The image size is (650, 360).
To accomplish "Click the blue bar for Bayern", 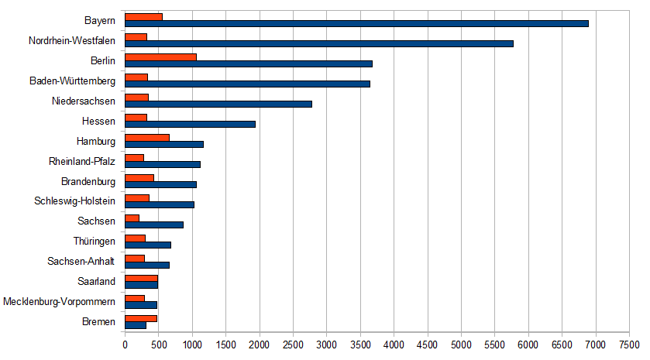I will click(356, 23).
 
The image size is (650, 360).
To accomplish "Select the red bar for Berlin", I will click(160, 57).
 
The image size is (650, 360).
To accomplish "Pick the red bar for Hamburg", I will click(147, 137).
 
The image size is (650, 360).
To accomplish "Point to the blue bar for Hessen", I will click(190, 124).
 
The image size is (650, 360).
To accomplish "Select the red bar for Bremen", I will click(141, 317).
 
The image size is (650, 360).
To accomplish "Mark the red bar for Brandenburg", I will click(139, 177).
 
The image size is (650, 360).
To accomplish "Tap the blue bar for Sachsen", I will click(154, 225).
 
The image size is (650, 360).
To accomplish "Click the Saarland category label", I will click(97, 281).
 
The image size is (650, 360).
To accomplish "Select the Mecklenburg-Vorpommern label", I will click(60, 301).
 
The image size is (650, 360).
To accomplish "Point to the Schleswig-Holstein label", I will click(75, 201).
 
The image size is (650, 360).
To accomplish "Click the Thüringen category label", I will click(95, 241).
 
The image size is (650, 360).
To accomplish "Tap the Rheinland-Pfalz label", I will click(81, 161).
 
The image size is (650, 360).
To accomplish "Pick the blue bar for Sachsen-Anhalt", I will click(147, 265).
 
